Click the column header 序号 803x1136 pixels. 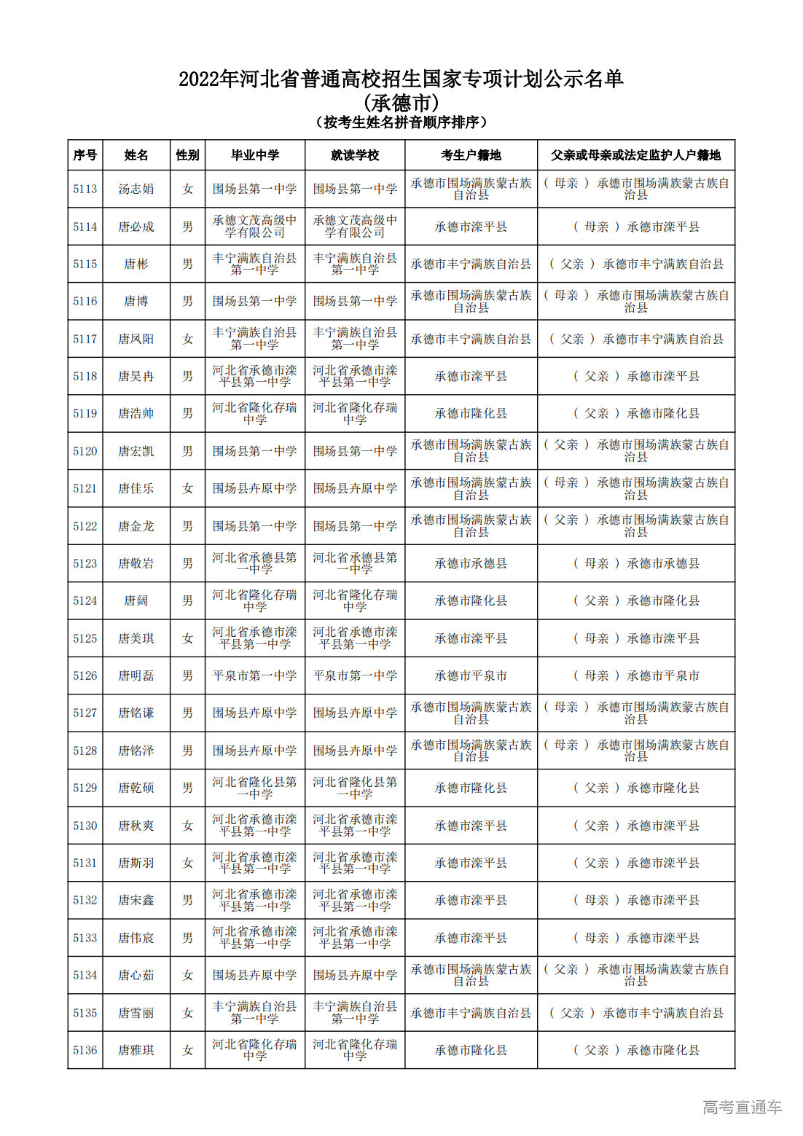pos(85,155)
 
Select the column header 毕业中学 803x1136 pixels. pos(254,155)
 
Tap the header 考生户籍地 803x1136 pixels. pos(471,155)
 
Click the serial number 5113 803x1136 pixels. pos(85,189)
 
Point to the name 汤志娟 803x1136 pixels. pos(136,189)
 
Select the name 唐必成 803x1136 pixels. pos(136,227)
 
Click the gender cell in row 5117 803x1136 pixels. pos(187,339)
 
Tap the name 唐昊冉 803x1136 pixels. pos(136,376)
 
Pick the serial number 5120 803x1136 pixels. pos(85,451)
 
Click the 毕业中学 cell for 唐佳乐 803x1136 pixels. pos(254,488)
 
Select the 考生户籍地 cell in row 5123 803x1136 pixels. pos(471,563)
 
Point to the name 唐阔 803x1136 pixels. pos(136,600)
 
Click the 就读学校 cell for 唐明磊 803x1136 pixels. pos(355,675)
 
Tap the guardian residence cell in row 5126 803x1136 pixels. pos(635,675)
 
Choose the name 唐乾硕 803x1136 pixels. pos(136,788)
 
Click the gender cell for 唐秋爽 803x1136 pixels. pos(187,826)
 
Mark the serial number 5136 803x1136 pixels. pos(85,1050)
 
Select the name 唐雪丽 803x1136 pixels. pos(136,1013)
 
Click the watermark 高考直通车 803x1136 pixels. pos(742,1107)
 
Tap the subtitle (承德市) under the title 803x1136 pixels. pos(401,102)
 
